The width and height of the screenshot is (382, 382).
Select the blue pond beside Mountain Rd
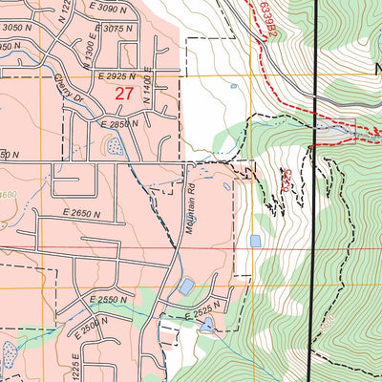186,286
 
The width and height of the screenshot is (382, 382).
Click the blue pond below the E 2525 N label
207,325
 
